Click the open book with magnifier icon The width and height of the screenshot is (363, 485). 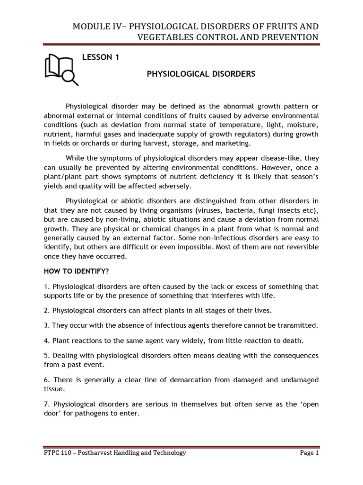(61, 69)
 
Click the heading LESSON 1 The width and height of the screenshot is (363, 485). (101, 58)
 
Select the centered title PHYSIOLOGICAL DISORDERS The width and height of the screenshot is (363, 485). (201, 74)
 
